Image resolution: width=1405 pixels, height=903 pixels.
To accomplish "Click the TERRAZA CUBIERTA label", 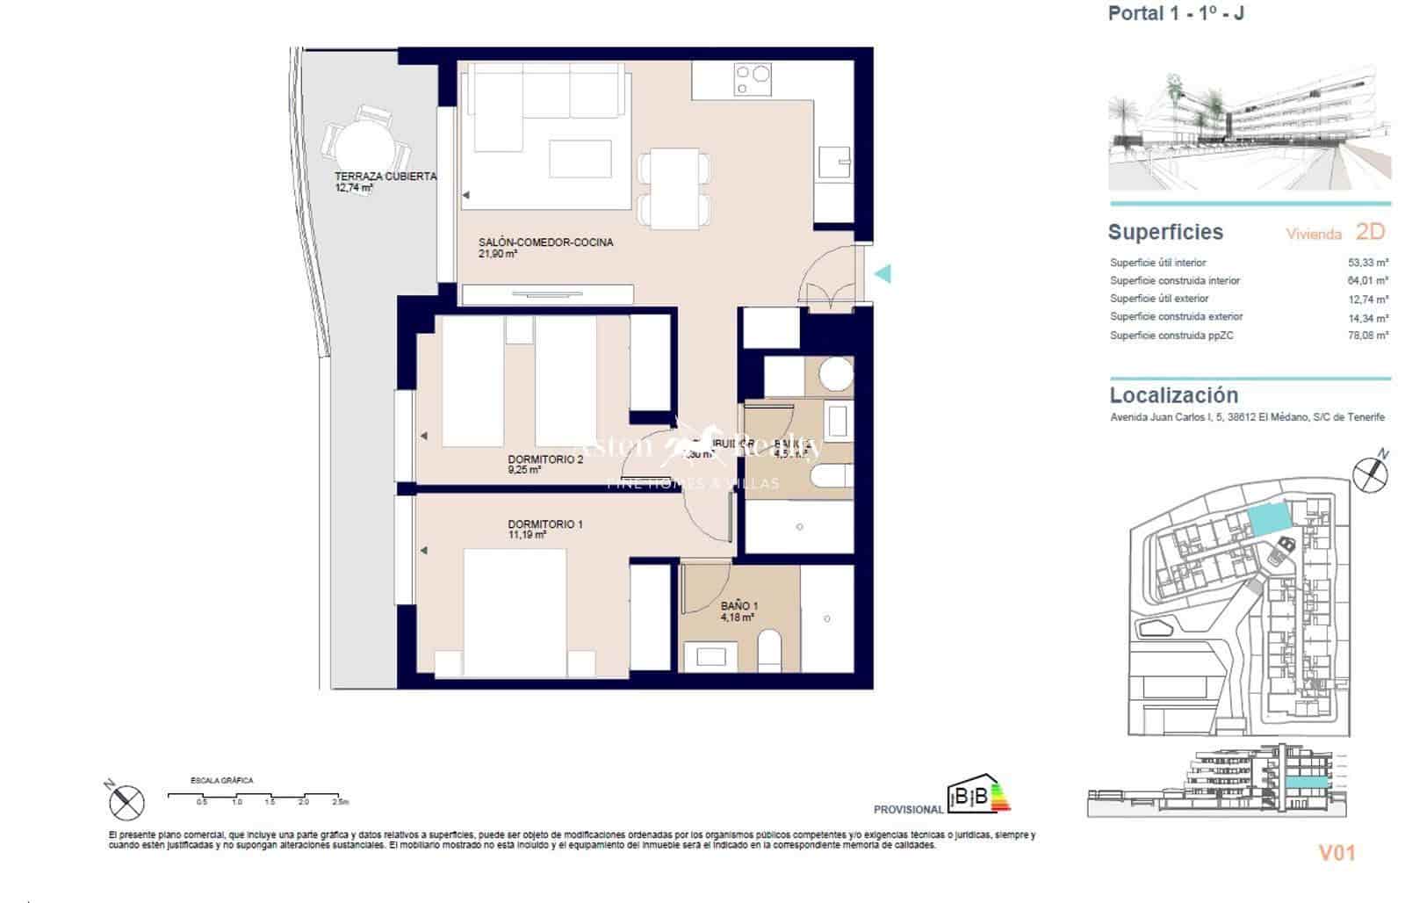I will (385, 177).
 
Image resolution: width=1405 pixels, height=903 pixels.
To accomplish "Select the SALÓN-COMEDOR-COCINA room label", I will (545, 242).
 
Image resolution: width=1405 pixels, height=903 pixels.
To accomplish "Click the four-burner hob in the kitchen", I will (753, 80).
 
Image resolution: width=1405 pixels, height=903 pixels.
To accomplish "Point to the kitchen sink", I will (835, 163).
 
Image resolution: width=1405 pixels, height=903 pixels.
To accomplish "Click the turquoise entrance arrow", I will (883, 274).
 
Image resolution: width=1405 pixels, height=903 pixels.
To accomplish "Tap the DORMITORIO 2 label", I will (545, 459).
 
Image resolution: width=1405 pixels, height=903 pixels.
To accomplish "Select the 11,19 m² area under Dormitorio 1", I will (528, 535).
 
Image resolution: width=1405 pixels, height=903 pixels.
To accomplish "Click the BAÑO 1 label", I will (739, 605).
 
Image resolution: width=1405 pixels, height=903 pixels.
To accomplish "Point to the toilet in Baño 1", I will (769, 648).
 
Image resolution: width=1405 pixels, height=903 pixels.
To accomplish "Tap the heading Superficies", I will (1165, 233).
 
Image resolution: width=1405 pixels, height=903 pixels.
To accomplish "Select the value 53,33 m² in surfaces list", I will (1367, 263).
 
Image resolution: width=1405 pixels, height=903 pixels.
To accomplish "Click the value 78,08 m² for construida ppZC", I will (1367, 336).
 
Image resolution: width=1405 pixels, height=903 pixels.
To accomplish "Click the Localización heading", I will (1173, 395).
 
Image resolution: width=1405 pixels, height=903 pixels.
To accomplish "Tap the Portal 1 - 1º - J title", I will (1175, 13).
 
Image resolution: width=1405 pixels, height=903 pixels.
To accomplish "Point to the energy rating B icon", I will (977, 796).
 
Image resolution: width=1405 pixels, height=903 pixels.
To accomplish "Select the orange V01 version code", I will (1337, 852).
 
